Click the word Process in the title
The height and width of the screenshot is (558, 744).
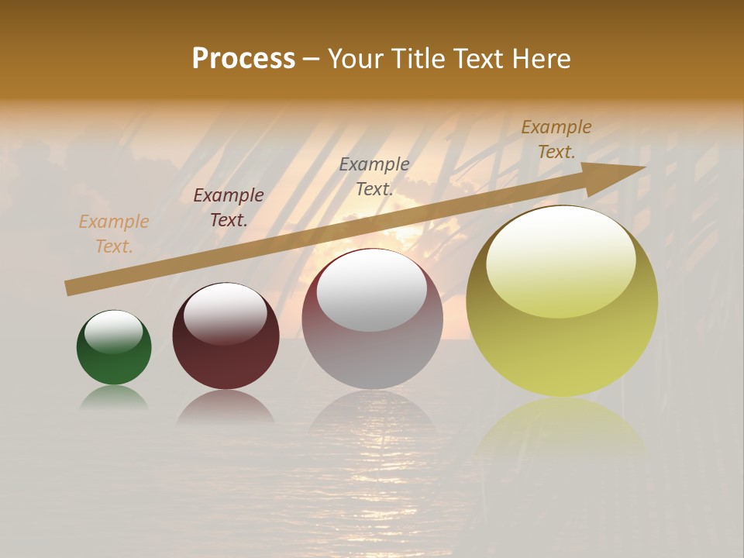coord(243,59)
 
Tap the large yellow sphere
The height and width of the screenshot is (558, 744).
coord(562,341)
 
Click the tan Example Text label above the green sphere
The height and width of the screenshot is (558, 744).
coord(114,234)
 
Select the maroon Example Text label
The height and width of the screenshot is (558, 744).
coord(229,208)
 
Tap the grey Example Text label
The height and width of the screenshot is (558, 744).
coord(374,177)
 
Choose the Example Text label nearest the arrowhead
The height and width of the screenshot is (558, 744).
coord(556,139)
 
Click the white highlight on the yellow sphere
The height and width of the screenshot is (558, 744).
coord(560,260)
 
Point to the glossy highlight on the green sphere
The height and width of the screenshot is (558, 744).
coord(114,332)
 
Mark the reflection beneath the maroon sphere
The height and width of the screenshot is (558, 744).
coord(226,407)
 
